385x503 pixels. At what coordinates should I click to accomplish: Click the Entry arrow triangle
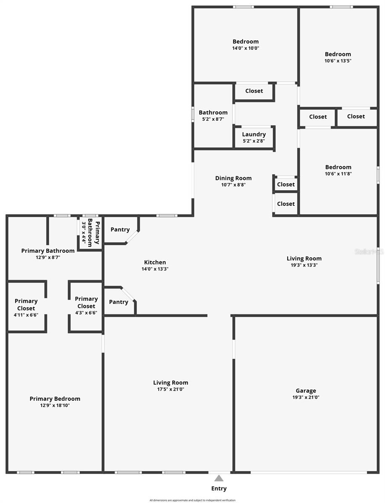(219, 478)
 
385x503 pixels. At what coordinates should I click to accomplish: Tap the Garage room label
(306, 391)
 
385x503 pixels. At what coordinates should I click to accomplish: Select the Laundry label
(254, 134)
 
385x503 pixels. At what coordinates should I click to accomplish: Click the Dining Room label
(233, 178)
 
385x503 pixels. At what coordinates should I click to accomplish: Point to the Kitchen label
(155, 262)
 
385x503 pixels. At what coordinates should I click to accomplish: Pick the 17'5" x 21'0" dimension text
(170, 389)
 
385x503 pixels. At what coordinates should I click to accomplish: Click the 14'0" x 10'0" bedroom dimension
(246, 48)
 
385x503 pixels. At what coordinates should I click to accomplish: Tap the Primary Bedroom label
(55, 399)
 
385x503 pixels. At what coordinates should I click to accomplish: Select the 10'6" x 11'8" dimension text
(338, 174)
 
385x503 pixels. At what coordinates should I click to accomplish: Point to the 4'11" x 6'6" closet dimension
(26, 315)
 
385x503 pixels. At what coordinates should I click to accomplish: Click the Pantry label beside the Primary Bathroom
(120, 230)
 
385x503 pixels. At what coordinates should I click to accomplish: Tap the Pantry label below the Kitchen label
(118, 302)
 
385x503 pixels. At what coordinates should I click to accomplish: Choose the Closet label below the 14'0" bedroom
(254, 91)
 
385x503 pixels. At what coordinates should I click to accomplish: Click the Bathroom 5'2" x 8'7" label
(213, 112)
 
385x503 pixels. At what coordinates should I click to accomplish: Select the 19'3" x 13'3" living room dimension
(304, 265)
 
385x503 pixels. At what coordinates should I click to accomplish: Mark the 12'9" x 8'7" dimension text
(48, 257)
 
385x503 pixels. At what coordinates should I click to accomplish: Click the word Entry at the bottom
(219, 488)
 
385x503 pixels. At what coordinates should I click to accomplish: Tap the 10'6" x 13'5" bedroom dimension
(338, 60)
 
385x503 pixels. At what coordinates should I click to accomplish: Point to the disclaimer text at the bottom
(192, 500)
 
